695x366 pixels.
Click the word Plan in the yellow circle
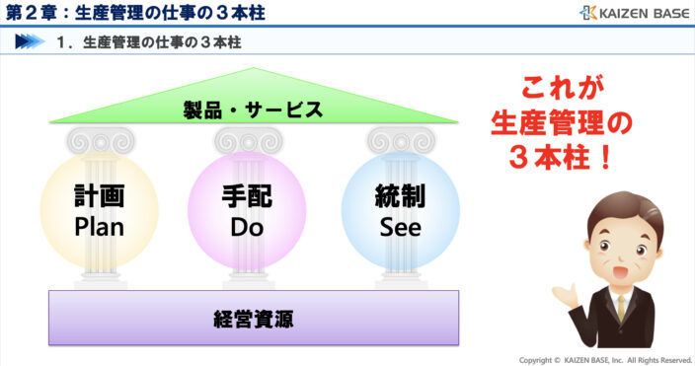[x=99, y=227]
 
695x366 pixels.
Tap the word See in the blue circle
[x=400, y=227]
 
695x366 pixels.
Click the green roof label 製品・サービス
[x=254, y=110]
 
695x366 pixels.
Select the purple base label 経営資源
[x=254, y=318]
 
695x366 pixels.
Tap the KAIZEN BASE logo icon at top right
[x=588, y=13]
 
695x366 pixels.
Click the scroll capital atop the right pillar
[x=399, y=139]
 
